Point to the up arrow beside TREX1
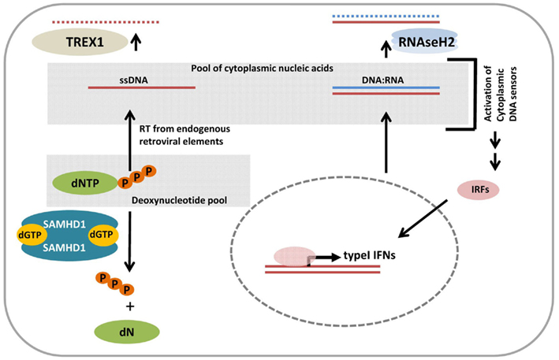point(136,41)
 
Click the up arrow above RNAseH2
point(386,50)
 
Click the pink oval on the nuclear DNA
point(292,258)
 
